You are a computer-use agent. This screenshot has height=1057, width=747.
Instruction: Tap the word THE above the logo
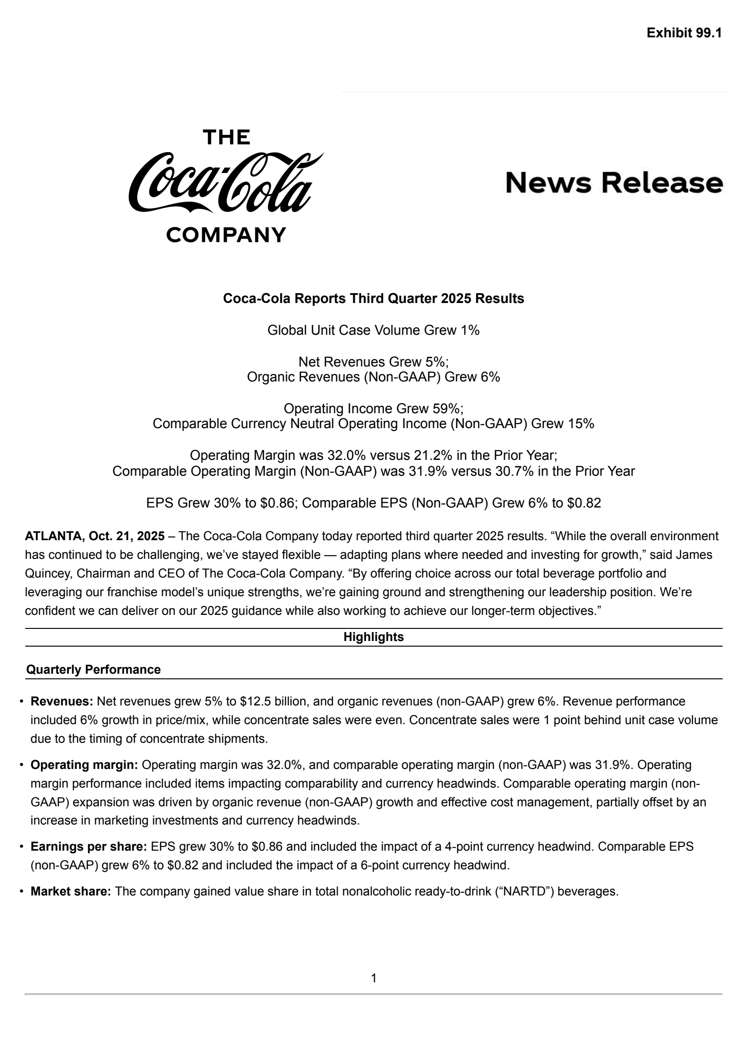point(226,137)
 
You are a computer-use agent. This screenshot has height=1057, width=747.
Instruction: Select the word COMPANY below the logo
point(226,234)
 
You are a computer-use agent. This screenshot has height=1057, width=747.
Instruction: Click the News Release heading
point(614,183)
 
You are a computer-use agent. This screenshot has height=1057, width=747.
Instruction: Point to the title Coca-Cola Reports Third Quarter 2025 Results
point(373,298)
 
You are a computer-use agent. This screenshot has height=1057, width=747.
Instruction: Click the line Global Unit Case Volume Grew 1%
point(373,331)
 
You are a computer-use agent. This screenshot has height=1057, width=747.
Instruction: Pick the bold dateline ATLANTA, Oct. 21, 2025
point(94,536)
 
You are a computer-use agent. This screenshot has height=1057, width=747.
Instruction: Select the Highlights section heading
point(373,637)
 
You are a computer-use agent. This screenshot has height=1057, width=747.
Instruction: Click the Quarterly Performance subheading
point(93,669)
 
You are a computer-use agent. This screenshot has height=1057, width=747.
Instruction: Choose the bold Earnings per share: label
point(89,846)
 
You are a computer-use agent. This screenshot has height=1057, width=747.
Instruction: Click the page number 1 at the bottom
point(373,978)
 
